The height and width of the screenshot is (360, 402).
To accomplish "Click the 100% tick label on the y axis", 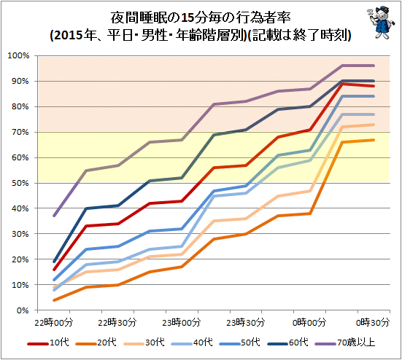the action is click(19, 55).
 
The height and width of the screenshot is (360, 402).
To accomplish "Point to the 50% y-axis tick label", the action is click(20, 183).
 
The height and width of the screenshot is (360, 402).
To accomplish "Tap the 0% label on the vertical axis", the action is click(23, 310).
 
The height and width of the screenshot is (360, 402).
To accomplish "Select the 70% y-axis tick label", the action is click(20, 132).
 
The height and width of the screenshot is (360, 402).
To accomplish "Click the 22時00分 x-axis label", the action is click(53, 322).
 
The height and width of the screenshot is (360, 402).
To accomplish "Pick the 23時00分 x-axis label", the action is click(181, 322).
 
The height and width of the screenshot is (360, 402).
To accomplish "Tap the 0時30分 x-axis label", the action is click(373, 322).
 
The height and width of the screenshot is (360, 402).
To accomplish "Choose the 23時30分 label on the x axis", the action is click(245, 322).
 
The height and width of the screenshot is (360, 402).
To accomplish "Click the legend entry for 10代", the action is click(48, 343).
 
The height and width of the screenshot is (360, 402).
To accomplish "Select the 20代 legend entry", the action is click(96, 343).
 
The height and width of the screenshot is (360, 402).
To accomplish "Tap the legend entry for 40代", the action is click(193, 343).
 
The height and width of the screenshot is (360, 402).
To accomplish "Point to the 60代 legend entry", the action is click(288, 343).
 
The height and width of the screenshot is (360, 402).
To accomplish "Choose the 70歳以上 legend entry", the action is click(345, 343).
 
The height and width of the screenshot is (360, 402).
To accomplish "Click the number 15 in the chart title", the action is click(188, 18).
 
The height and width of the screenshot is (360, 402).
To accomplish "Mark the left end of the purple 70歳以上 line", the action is click(54, 216).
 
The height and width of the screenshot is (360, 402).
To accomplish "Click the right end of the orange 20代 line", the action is click(374, 140).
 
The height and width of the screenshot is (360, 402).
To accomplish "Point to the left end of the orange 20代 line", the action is click(54, 300).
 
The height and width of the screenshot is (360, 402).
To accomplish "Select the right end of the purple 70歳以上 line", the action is click(374, 66).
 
